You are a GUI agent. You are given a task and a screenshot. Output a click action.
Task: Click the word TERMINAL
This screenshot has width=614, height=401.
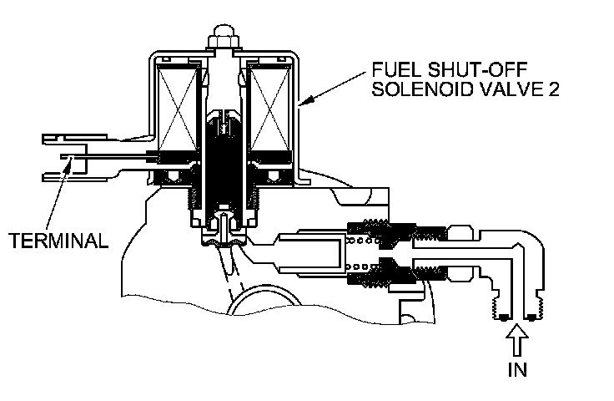58,241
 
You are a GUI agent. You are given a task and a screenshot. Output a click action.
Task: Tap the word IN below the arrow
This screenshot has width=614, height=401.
518,368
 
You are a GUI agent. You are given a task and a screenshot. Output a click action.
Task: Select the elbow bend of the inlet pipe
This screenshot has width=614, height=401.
517,251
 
